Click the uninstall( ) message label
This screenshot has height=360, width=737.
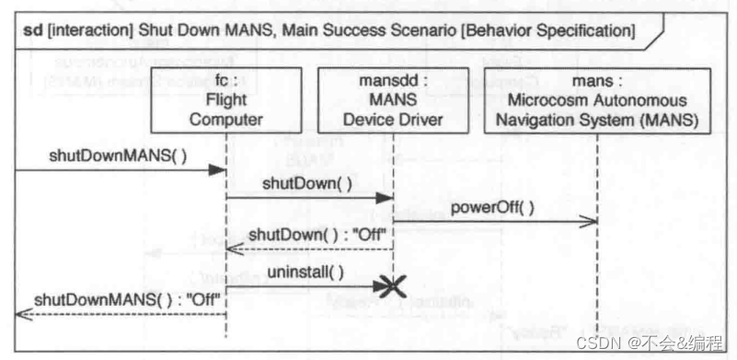[305, 272]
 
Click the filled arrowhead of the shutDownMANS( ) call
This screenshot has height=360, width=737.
[218, 170]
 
